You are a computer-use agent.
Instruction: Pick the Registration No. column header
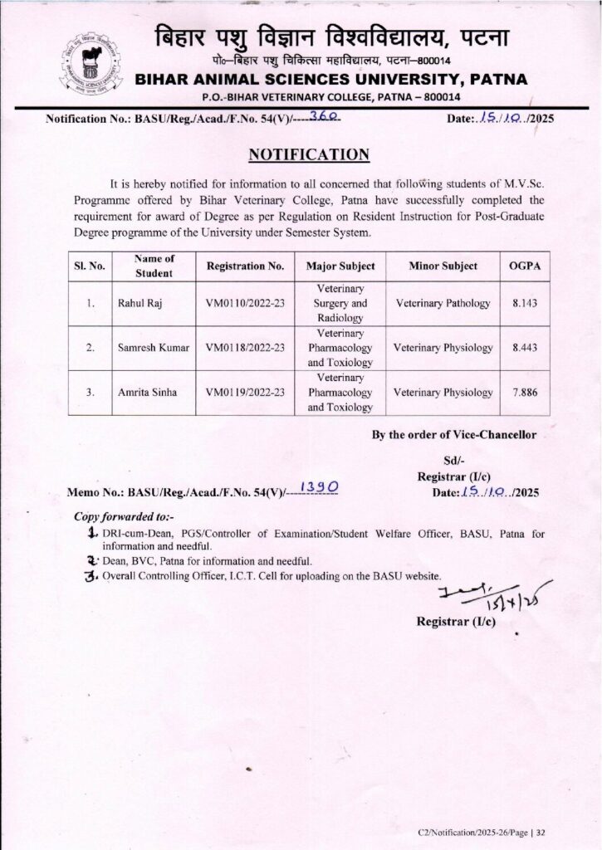click(x=245, y=266)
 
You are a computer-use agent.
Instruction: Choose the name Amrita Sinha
click(x=145, y=392)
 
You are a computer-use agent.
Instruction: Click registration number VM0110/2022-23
click(x=245, y=304)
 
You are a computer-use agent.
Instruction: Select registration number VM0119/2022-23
click(x=245, y=392)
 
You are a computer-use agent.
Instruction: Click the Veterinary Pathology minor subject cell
click(x=443, y=304)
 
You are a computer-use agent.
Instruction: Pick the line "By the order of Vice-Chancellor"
click(x=453, y=434)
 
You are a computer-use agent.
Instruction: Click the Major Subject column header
click(x=340, y=266)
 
